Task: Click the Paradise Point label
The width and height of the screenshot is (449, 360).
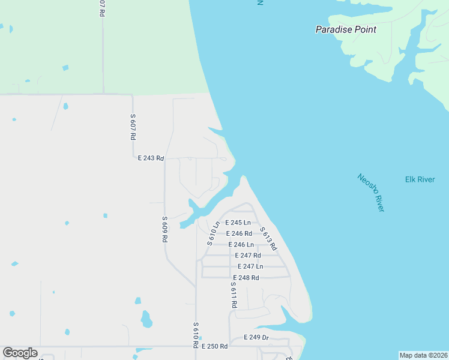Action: point(346,29)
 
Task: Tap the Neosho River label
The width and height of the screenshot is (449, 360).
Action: point(370,192)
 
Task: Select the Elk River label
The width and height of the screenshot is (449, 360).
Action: point(420,179)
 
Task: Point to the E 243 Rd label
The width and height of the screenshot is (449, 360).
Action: point(151,158)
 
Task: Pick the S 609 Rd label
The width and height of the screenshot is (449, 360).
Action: point(164,229)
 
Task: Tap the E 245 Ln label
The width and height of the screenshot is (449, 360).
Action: point(238,223)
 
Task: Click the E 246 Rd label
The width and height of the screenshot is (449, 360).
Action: point(238,233)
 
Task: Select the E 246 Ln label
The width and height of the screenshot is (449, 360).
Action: point(241,244)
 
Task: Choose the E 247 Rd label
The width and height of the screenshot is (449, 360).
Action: point(247,255)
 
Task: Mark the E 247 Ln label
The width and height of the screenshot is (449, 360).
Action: point(250,266)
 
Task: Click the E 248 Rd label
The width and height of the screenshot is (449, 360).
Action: point(246,277)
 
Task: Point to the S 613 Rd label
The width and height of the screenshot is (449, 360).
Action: point(268,238)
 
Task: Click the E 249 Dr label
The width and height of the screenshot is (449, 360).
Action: point(256,337)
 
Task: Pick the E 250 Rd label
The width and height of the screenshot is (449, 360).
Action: point(214,346)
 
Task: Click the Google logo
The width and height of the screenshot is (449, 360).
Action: point(20,353)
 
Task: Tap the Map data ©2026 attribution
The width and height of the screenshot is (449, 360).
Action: point(423,355)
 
